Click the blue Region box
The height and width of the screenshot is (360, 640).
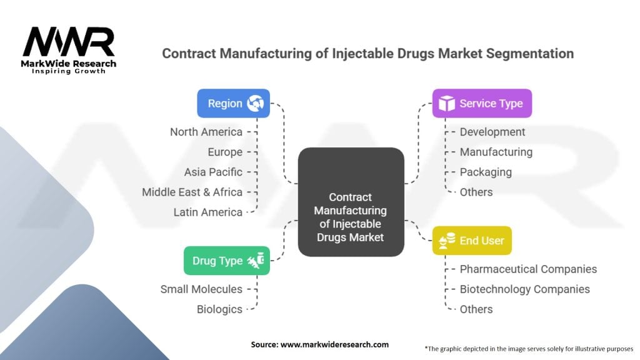pos(234,103)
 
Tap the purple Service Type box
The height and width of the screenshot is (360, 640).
pos(482,103)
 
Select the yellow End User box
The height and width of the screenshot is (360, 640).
pos(472,241)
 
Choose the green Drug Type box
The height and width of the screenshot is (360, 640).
pos(227,261)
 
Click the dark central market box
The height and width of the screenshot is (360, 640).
pos(351,202)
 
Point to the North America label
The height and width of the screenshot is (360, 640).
pos(206,132)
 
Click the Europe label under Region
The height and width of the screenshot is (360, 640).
pos(225,152)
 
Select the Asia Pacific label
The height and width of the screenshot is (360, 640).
pos(213,172)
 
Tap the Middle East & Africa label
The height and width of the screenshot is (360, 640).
pos(192,192)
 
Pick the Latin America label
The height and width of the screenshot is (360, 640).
pos(207,212)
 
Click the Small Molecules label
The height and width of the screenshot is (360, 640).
pos(201,289)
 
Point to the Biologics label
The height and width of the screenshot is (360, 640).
pos(219,309)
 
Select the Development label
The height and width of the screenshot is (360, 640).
pos(492,132)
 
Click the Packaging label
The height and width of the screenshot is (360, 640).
pos(486,172)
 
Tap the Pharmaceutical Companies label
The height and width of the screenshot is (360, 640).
pos(528,269)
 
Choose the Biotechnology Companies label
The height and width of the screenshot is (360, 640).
pos(524,289)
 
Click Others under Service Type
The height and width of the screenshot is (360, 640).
pos(476,192)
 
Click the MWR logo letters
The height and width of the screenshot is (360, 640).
pos(69,42)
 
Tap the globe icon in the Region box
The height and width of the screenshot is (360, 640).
pos(256,103)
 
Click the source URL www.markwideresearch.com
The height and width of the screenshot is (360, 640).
pos(335,344)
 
